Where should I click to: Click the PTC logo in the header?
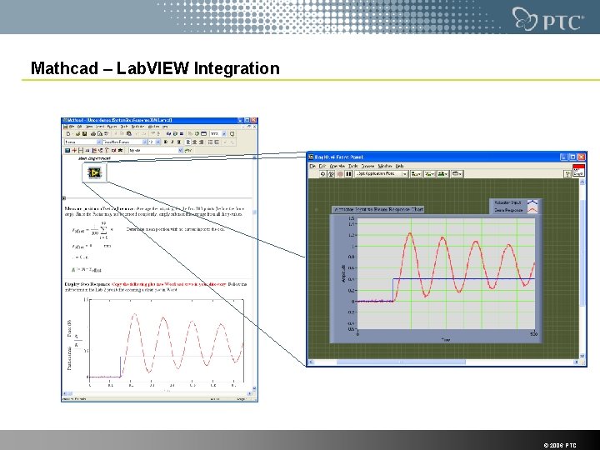pyautogui.click(x=547, y=18)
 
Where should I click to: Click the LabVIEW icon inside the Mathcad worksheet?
pyautogui.click(x=92, y=172)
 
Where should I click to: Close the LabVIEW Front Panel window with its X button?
pyautogui.click(x=582, y=157)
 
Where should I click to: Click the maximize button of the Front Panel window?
pyautogui.click(x=573, y=157)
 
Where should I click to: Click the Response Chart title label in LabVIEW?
pyautogui.click(x=378, y=209)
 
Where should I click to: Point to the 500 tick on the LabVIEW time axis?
pyautogui.click(x=533, y=333)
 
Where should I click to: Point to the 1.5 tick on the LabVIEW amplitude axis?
pyautogui.click(x=352, y=223)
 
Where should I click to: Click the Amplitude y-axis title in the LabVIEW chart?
pyautogui.click(x=342, y=273)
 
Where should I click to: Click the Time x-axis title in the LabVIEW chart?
pyautogui.click(x=446, y=339)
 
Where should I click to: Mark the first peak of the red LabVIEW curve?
pyautogui.click(x=410, y=234)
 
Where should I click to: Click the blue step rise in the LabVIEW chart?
pyautogui.click(x=393, y=290)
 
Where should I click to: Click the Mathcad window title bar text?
pyautogui.click(x=125, y=121)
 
